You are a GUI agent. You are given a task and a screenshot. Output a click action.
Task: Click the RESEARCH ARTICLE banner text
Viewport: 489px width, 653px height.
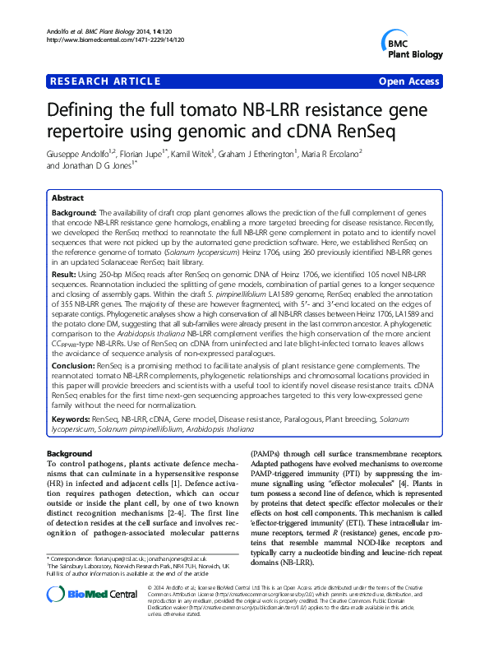coord(104,81)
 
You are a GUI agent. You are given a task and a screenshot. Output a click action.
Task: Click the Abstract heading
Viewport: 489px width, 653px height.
coord(67,198)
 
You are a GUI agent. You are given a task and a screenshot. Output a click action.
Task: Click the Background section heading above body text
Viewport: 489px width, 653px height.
coord(69,453)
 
